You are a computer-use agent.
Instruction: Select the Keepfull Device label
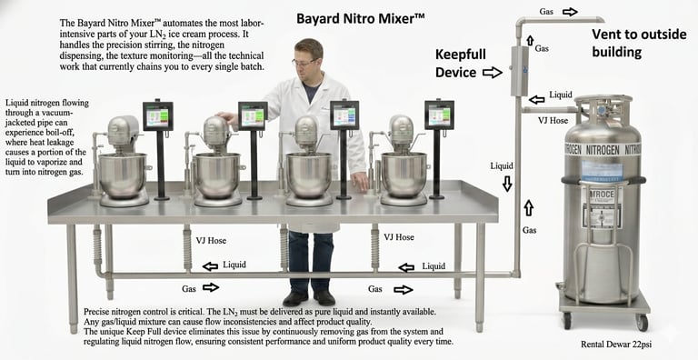pos(464,63)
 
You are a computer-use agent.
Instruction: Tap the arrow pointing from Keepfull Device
pos(492,72)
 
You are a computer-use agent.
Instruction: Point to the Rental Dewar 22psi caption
pos(617,345)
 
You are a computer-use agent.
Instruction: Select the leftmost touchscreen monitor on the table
pos(158,115)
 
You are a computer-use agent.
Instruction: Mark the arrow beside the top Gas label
pos(569,12)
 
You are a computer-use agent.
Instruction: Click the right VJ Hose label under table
pos(400,237)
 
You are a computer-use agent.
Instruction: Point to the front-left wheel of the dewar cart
pos(566,320)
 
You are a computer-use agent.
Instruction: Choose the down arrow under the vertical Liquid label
pos(506,184)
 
